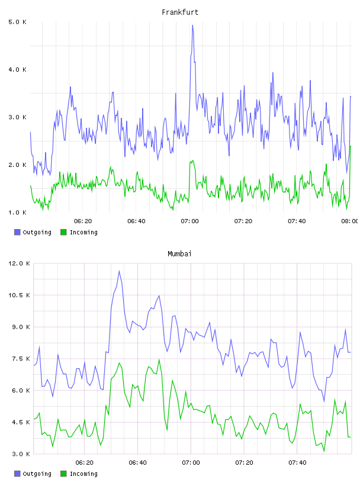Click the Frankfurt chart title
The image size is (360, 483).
click(180, 12)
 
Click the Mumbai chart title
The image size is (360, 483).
click(179, 253)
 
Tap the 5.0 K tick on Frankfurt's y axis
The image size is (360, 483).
click(17, 22)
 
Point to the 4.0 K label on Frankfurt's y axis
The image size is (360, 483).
click(17, 70)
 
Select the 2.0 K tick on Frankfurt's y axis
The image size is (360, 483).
click(17, 165)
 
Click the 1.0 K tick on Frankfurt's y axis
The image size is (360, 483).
click(17, 212)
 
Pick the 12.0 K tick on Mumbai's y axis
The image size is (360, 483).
click(19, 263)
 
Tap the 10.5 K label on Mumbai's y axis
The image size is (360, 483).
click(19, 295)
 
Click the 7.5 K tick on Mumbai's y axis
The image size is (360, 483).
click(21, 359)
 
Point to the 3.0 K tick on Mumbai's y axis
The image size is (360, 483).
click(21, 454)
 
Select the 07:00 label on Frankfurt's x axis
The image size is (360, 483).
click(190, 221)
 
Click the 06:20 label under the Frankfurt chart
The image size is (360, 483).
click(83, 221)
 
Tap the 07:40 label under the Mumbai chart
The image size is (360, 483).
click(297, 462)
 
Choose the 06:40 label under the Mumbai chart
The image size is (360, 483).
click(137, 462)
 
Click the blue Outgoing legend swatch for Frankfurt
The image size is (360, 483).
click(17, 232)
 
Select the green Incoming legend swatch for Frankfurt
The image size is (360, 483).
click(63, 232)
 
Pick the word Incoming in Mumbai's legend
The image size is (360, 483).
click(83, 474)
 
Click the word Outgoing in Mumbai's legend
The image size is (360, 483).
click(37, 474)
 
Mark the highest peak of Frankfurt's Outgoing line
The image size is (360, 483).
click(192, 25)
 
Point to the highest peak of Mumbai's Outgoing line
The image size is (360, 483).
click(119, 271)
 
